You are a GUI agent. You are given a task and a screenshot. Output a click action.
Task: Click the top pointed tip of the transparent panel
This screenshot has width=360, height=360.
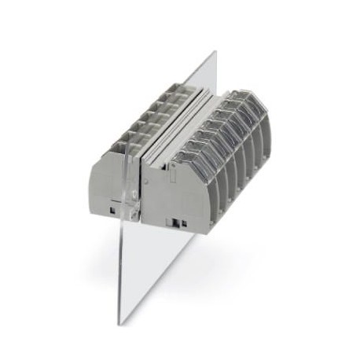coord(214,53)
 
